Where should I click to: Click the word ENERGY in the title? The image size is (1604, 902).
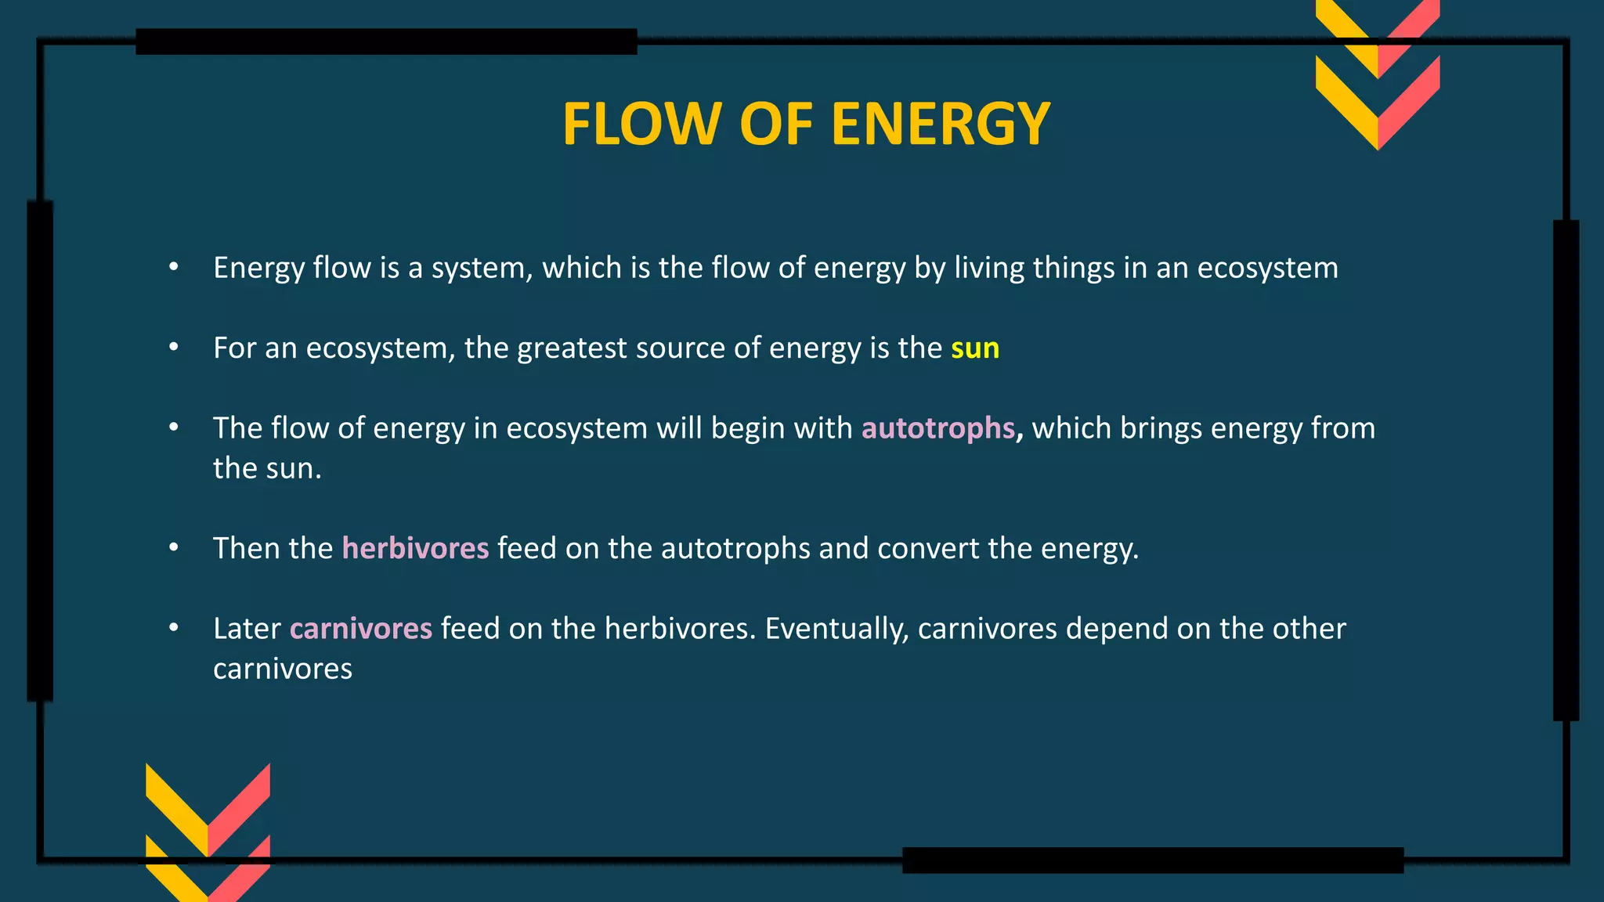click(940, 124)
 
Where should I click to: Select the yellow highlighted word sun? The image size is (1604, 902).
click(975, 348)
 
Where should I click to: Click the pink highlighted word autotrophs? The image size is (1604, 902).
click(937, 428)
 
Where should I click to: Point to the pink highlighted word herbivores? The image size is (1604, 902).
click(415, 548)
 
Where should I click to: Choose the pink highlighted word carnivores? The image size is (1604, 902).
click(360, 629)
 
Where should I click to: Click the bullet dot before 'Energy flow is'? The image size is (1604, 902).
click(174, 268)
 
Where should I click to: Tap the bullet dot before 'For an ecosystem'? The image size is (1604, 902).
click(174, 348)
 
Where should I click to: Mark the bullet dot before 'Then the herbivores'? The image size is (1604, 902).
click(174, 548)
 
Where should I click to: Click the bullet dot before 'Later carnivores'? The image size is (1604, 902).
click(174, 629)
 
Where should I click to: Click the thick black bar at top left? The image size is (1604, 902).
click(386, 41)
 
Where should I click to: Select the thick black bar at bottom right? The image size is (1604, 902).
click(1152, 860)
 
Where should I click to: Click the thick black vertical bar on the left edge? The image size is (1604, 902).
click(40, 450)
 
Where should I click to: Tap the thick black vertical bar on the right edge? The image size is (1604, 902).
click(1566, 470)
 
